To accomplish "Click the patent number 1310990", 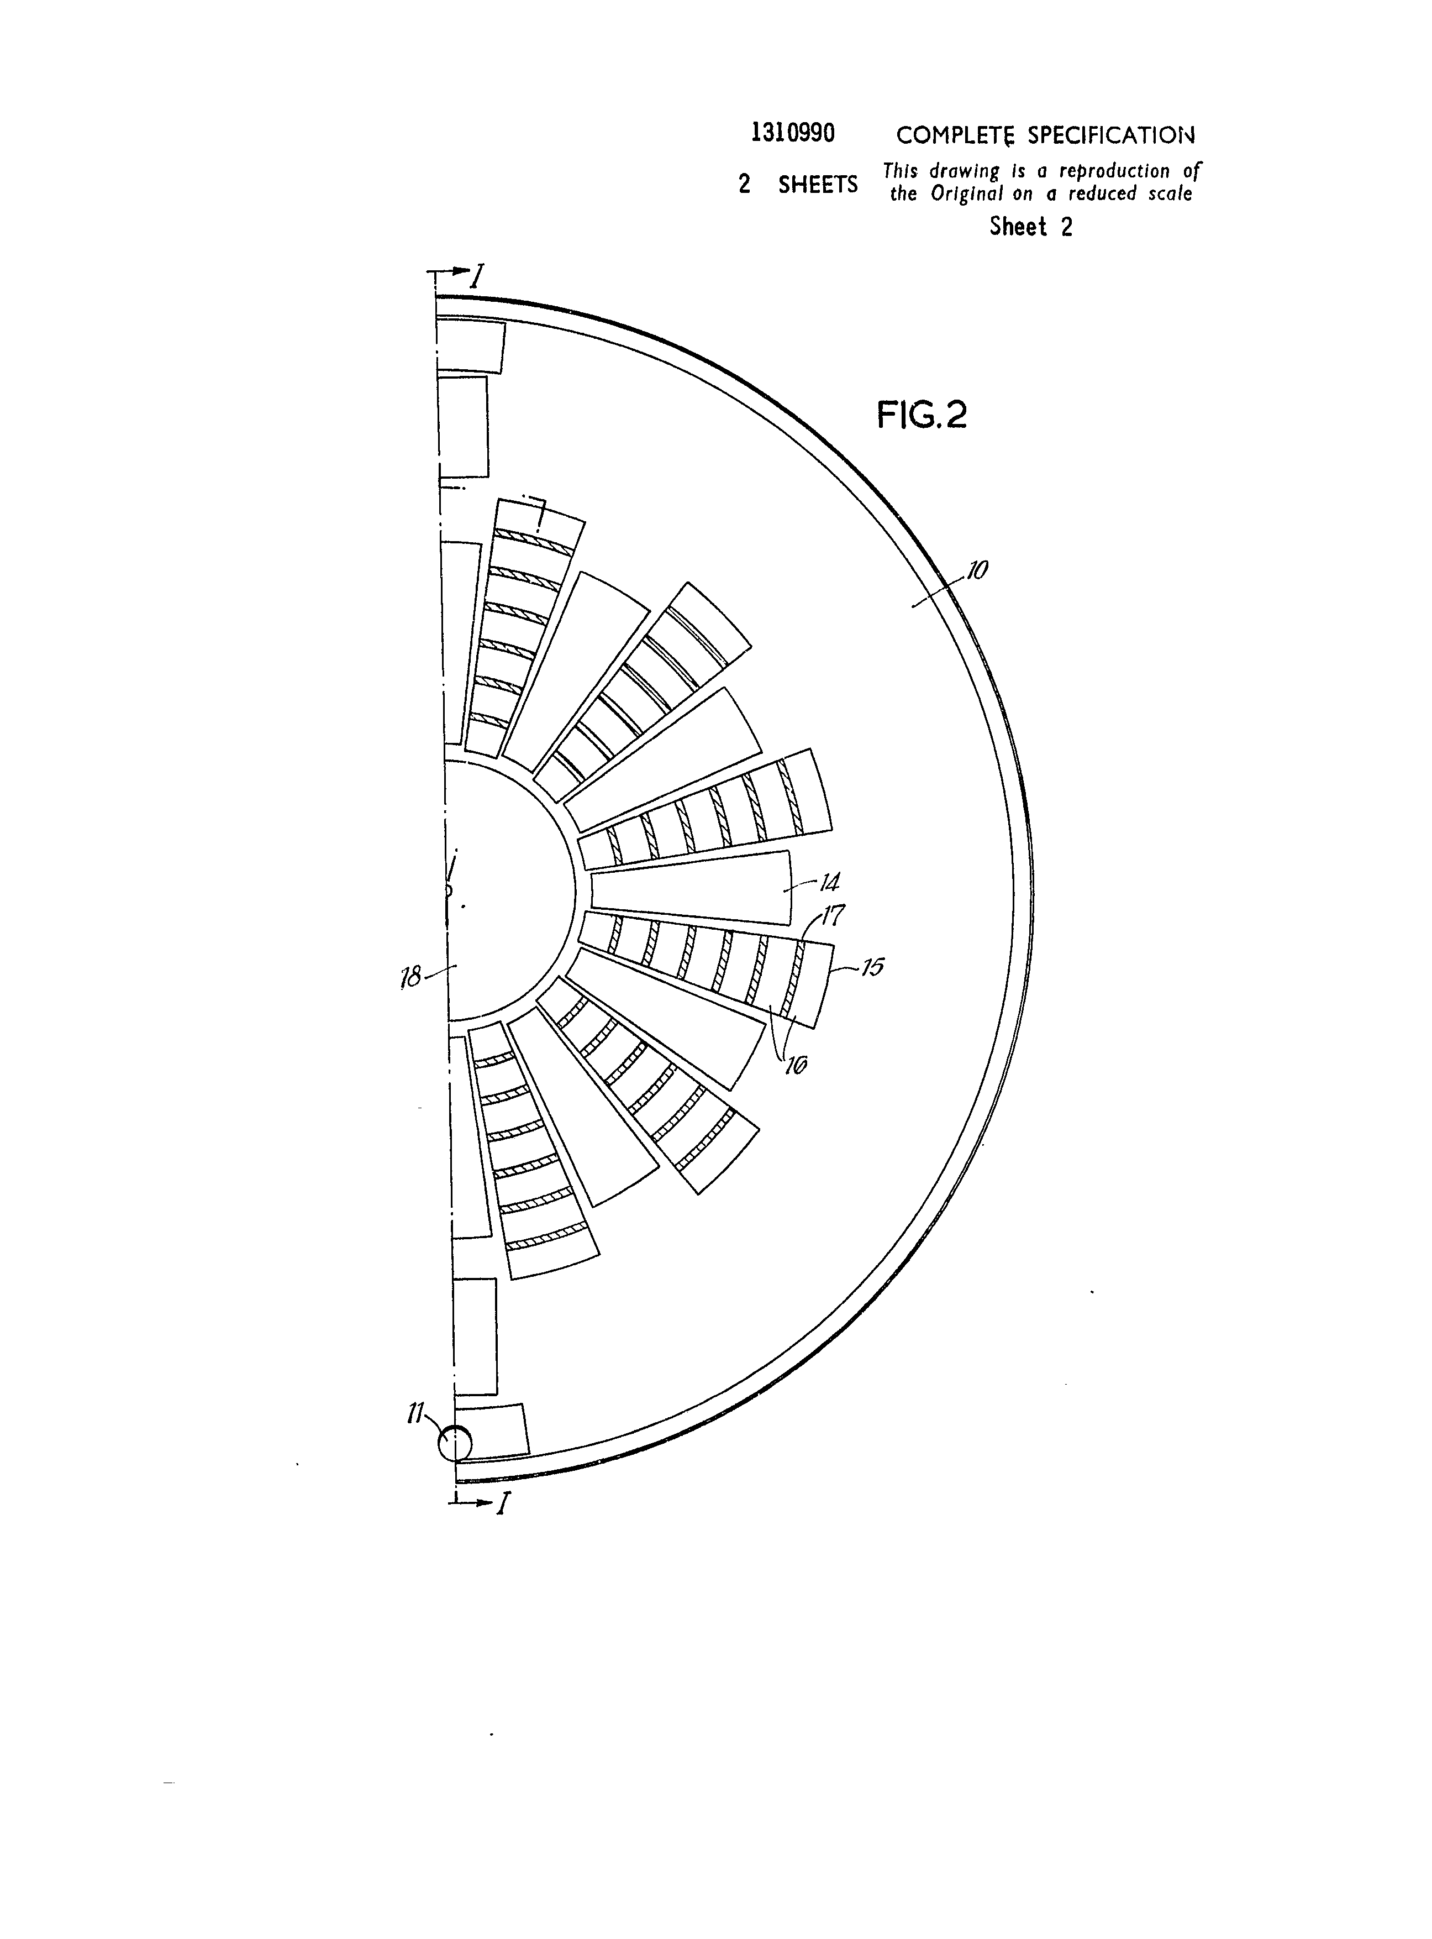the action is (x=793, y=134).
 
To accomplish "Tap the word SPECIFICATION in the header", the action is (x=1111, y=135).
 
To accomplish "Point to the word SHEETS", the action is (x=818, y=185).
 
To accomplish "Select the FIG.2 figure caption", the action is (x=922, y=415).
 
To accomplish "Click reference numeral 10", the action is (x=977, y=570).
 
